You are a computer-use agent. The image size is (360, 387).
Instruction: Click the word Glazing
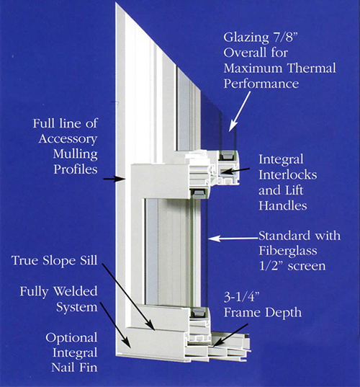[x=246, y=38]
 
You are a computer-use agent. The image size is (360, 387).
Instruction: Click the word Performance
[x=261, y=84]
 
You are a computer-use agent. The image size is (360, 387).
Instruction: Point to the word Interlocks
[x=287, y=175]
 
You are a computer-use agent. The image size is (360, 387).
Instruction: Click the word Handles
[x=282, y=205]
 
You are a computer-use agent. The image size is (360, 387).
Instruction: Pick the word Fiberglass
[x=288, y=251]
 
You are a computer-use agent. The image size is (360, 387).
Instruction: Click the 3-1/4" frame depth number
[x=242, y=297]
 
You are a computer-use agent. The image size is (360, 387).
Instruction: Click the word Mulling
[x=75, y=154]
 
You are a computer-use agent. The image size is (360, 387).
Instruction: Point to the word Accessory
[x=68, y=139]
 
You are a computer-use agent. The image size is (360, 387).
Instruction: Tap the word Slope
[x=59, y=261]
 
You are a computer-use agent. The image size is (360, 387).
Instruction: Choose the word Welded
[x=76, y=291]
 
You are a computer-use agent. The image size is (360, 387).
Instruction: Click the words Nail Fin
[x=74, y=368]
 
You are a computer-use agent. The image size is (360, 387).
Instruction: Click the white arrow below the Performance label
[x=240, y=111]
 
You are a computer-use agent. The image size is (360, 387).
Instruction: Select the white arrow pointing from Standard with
[x=233, y=239]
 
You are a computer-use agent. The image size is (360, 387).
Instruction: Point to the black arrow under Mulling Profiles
[x=114, y=179]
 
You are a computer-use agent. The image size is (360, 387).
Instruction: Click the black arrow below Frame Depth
[x=230, y=335]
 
